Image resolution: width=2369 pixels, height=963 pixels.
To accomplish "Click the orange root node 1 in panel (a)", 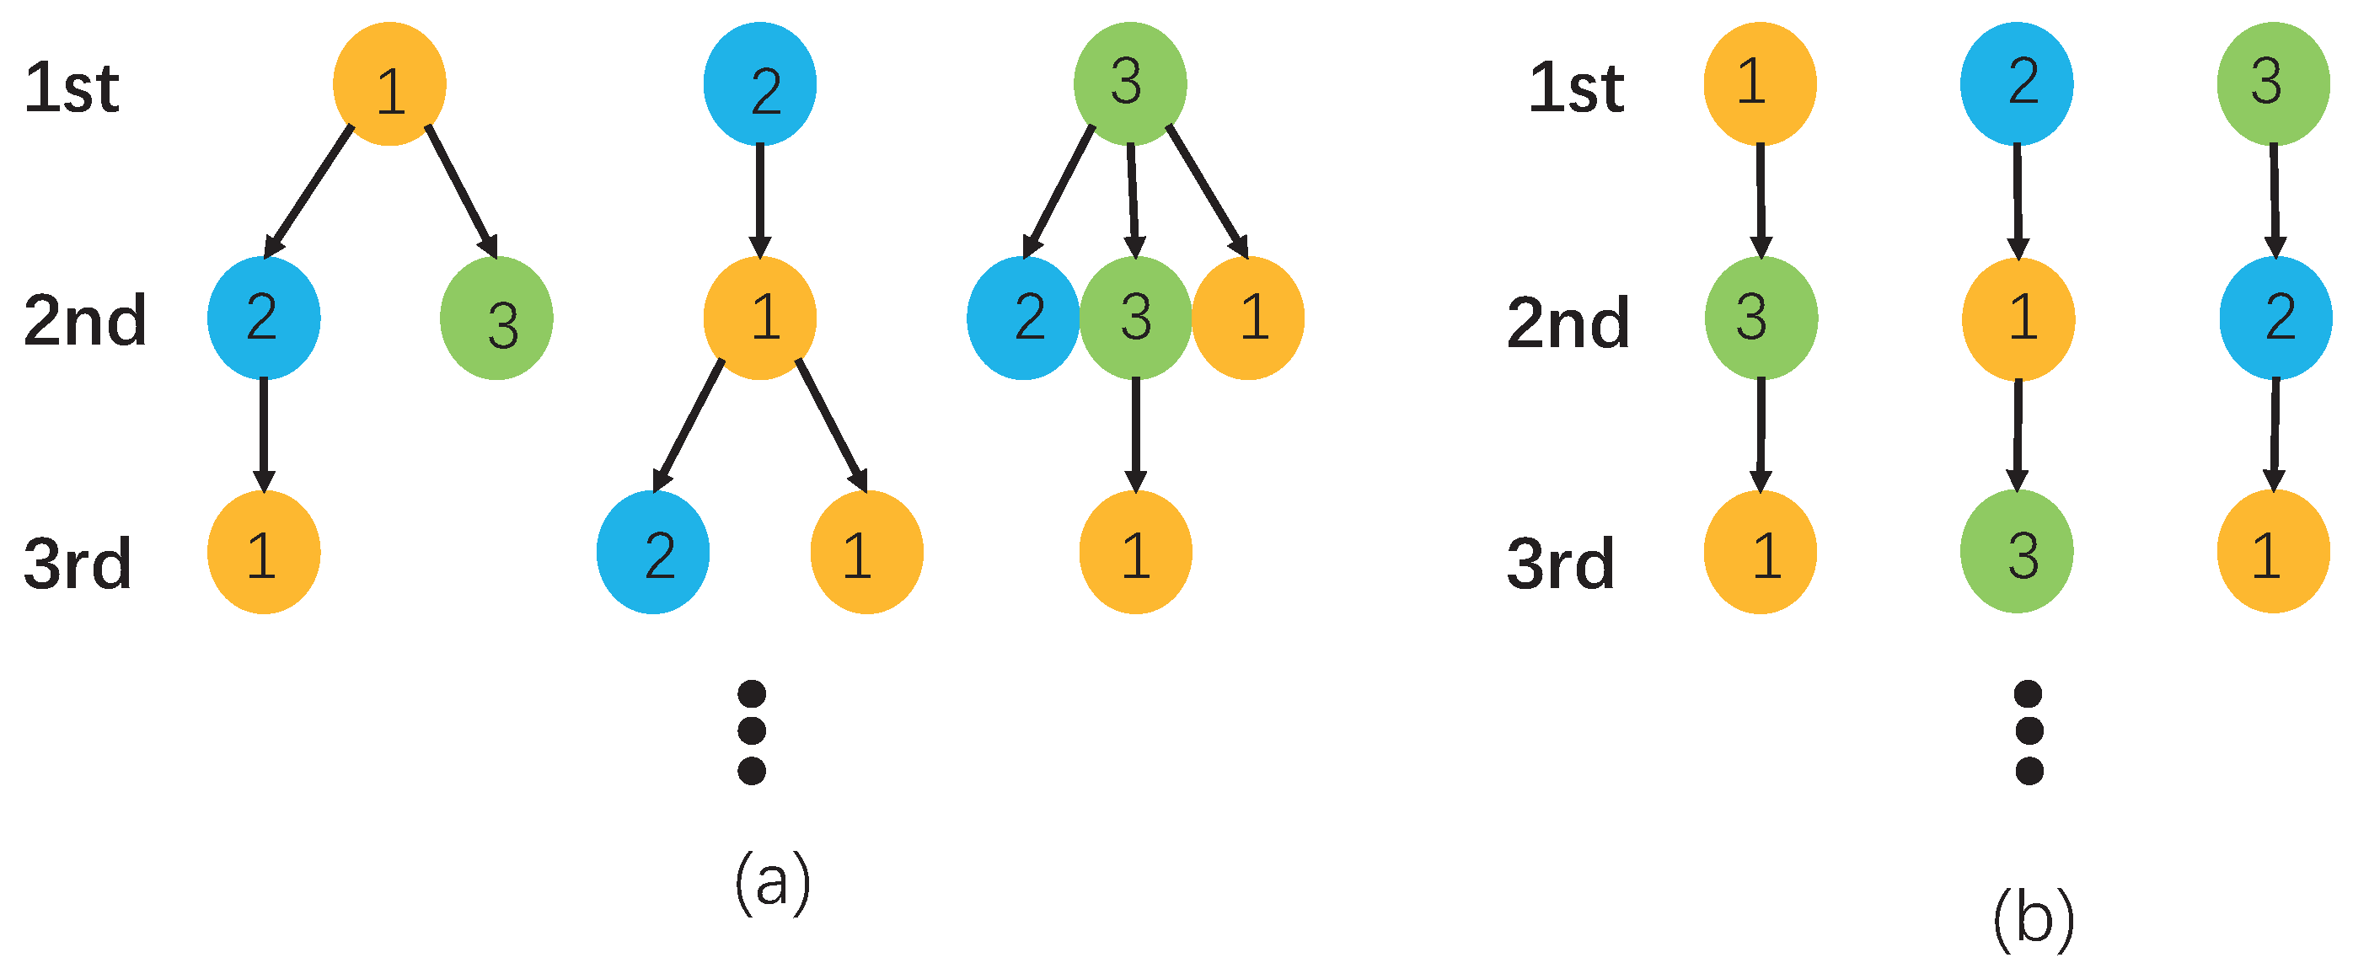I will click(x=389, y=84).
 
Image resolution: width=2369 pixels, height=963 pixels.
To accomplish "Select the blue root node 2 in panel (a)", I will click(x=759, y=84).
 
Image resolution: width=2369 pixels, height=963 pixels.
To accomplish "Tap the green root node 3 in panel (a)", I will click(x=1130, y=84).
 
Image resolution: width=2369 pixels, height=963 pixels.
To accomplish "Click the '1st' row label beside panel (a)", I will click(x=72, y=88).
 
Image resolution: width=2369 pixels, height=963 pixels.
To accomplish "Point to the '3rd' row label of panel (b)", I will click(x=1561, y=563).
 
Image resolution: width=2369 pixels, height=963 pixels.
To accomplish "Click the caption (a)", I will click(x=773, y=881).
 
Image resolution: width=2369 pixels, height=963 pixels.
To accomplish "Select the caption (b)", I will click(x=2034, y=918).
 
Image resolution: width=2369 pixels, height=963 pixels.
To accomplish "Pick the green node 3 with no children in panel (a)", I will click(x=496, y=318).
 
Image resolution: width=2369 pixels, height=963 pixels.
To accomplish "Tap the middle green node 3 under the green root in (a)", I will click(x=1136, y=318).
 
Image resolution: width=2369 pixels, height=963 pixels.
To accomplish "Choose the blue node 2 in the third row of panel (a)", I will click(x=653, y=552).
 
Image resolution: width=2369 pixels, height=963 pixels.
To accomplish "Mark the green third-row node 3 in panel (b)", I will click(x=2017, y=552).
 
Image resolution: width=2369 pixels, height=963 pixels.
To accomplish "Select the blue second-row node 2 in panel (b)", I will click(x=2275, y=318).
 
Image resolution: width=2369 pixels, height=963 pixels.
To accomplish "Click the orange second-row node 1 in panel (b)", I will click(x=2018, y=318).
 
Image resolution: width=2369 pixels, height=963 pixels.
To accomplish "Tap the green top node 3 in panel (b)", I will click(x=2274, y=84).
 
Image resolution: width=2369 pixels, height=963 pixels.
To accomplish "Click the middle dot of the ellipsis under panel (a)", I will click(x=752, y=731).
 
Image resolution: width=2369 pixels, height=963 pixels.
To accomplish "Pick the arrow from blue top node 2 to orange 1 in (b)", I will click(x=2018, y=201).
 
